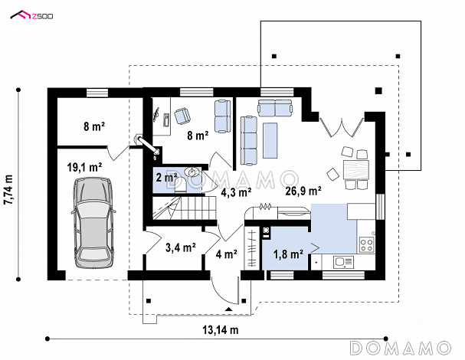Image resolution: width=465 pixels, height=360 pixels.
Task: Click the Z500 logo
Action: (x=31, y=15)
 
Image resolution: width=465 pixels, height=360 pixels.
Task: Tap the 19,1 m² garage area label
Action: (x=85, y=168)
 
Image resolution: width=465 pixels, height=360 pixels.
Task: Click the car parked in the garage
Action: (x=93, y=223)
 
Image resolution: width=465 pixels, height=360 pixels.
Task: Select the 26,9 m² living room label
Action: (x=303, y=191)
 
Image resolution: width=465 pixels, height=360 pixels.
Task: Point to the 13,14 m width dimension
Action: (x=221, y=330)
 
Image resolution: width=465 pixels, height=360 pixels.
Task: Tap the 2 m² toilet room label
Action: (x=166, y=178)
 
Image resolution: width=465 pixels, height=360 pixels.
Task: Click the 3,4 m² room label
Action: (x=181, y=247)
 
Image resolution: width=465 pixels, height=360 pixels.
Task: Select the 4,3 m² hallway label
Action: (x=237, y=192)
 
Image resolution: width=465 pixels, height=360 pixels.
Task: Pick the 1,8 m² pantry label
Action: (x=288, y=254)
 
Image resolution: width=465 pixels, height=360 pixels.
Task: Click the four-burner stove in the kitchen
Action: (x=366, y=244)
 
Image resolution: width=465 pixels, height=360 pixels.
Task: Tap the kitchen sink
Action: (x=343, y=262)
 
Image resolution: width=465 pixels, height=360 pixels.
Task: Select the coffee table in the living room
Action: (x=270, y=140)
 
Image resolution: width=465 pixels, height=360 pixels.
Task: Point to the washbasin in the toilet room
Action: (x=192, y=172)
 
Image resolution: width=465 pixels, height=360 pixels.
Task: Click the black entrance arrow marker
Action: (x=228, y=309)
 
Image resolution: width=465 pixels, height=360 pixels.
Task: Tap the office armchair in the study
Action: (x=182, y=116)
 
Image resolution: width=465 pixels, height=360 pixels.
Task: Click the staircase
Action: (x=185, y=208)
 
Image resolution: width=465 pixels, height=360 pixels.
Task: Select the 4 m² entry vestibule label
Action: (x=226, y=254)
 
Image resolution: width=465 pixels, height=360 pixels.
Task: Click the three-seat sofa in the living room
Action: (x=248, y=140)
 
